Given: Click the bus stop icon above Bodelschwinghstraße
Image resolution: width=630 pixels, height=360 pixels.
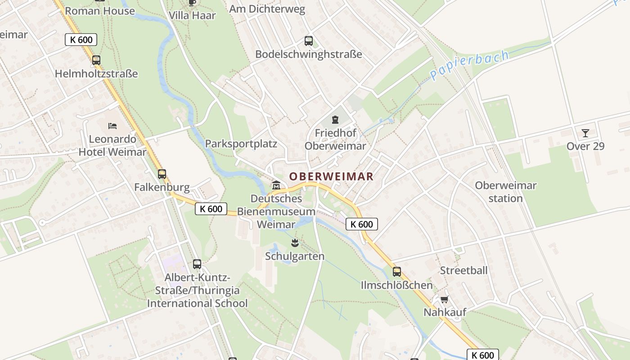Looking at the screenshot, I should [309, 41].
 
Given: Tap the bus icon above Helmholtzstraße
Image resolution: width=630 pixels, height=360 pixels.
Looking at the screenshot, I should [96, 60].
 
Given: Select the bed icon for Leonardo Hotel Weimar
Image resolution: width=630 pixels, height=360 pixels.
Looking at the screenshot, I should [112, 126].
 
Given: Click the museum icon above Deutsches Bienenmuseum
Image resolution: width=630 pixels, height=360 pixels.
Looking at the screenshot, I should [276, 185].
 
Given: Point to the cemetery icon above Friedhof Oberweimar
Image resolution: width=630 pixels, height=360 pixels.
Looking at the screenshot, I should [335, 120].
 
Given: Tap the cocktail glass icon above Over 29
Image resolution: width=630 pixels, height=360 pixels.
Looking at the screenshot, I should [585, 133].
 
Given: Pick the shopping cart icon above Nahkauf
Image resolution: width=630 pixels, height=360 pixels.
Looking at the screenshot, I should [444, 299].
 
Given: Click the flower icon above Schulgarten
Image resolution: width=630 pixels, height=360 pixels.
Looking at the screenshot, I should [295, 243].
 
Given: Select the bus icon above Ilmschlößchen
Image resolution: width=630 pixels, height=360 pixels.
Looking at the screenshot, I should [396, 272].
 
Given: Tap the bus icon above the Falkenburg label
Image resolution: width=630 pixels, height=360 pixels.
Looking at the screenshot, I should [162, 174].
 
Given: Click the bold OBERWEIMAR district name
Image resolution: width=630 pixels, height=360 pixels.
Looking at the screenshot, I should [331, 176].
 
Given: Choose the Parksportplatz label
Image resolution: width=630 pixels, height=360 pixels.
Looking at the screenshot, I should [241, 144].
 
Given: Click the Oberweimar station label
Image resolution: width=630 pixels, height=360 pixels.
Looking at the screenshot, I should [506, 192].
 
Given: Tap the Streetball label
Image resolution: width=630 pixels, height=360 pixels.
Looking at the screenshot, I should [463, 270].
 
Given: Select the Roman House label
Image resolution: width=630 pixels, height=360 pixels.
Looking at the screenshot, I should [100, 11].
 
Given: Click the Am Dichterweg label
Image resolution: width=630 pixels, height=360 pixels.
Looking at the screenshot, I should [267, 9].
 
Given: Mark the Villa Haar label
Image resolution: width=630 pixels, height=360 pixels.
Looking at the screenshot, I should [192, 15].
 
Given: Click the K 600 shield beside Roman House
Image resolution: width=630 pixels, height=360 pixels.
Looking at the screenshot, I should [81, 40].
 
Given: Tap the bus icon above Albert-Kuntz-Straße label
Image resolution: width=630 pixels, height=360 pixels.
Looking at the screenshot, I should [197, 264].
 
